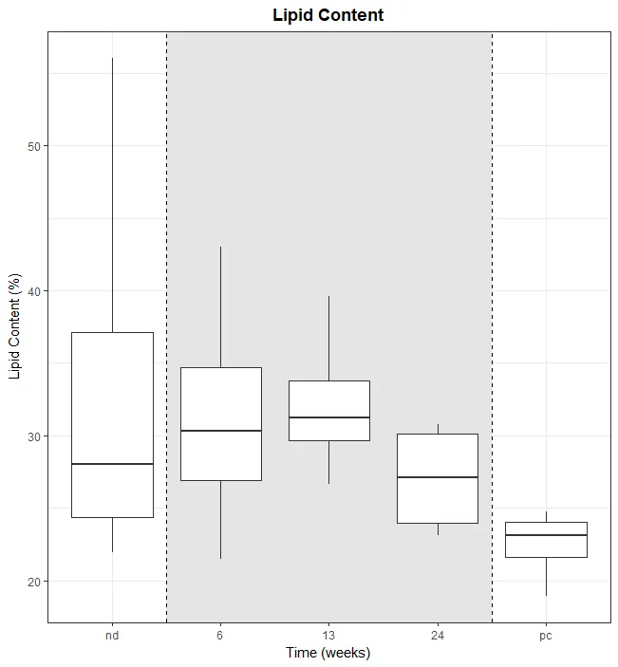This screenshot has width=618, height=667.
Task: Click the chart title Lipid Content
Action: pyautogui.click(x=328, y=15)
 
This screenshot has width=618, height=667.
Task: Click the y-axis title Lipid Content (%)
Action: pyautogui.click(x=14, y=327)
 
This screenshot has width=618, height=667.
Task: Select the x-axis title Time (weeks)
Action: pyautogui.click(x=328, y=653)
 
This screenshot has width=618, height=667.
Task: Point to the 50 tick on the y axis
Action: pyautogui.click(x=31, y=146)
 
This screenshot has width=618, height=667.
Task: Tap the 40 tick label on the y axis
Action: pyautogui.click(x=31, y=291)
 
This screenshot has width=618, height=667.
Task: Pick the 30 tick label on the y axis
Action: pyautogui.click(x=31, y=436)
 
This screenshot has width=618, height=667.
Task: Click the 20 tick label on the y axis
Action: pyautogui.click(x=31, y=582)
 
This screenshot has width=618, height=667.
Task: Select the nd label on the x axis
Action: pyautogui.click(x=112, y=636)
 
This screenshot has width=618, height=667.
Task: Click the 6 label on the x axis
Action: pyautogui.click(x=220, y=636)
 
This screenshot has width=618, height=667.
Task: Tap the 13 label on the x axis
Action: pyautogui.click(x=328, y=636)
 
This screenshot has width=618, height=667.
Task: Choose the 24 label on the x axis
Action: pyautogui.click(x=437, y=636)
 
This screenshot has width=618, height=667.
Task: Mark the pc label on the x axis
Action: pyautogui.click(x=545, y=636)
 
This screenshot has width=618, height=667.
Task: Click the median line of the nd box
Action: pyautogui.click(x=112, y=464)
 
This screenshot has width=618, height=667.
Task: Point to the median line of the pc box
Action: pyautogui.click(x=545, y=535)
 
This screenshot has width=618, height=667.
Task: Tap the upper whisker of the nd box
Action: pyautogui.click(x=112, y=190)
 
